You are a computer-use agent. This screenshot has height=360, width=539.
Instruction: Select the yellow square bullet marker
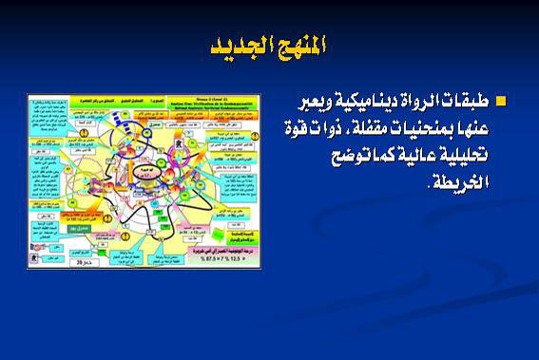(501, 101)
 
